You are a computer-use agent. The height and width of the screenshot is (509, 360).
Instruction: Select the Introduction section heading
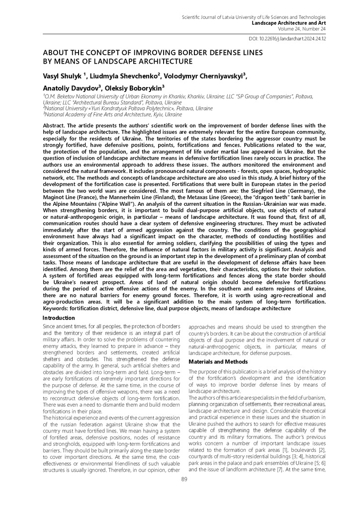59,318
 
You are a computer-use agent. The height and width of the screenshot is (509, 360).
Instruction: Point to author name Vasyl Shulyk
63,75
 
